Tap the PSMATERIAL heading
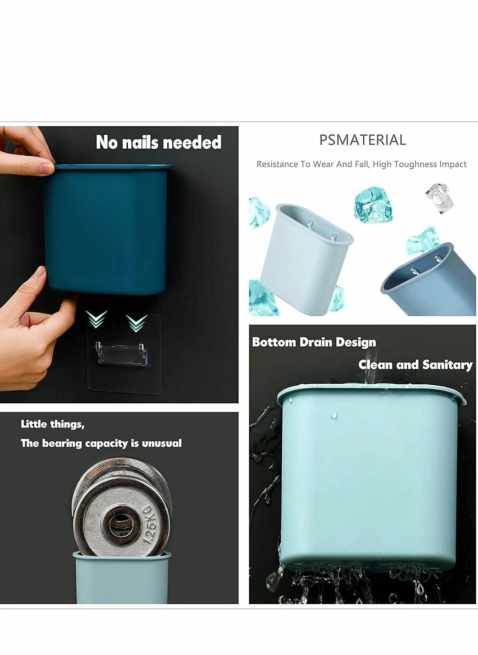[362, 140]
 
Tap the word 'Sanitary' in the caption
[447, 364]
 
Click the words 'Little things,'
[53, 424]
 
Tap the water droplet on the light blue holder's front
[334, 415]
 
